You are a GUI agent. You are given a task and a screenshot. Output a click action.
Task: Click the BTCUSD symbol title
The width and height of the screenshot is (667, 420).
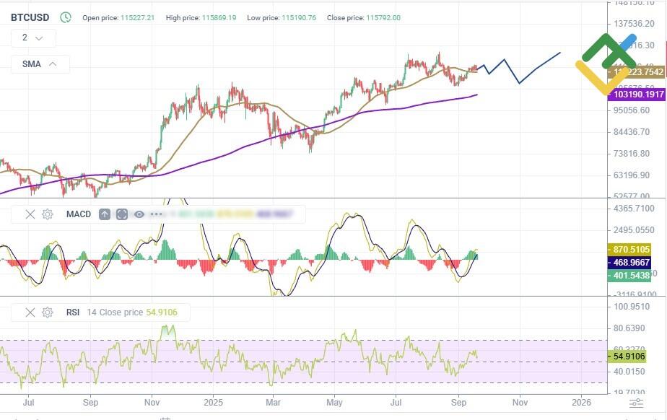click(30, 17)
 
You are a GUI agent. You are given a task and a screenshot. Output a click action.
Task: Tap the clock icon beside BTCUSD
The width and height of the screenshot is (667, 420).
click(66, 17)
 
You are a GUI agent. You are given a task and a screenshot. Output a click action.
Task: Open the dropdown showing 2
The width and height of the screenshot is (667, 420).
click(32, 38)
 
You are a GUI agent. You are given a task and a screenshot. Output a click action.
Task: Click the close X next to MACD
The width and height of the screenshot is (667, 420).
click(30, 214)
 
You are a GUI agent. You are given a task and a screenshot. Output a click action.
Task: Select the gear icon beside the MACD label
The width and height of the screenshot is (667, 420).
click(48, 214)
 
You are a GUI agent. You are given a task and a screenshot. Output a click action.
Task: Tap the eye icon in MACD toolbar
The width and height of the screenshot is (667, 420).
click(139, 214)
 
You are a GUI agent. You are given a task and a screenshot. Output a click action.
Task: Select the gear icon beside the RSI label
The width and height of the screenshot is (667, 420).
click(48, 312)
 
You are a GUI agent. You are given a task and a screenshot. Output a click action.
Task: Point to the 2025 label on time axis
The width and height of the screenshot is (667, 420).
click(213, 401)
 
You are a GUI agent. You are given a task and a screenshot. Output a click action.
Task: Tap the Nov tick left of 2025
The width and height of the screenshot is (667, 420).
click(152, 401)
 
